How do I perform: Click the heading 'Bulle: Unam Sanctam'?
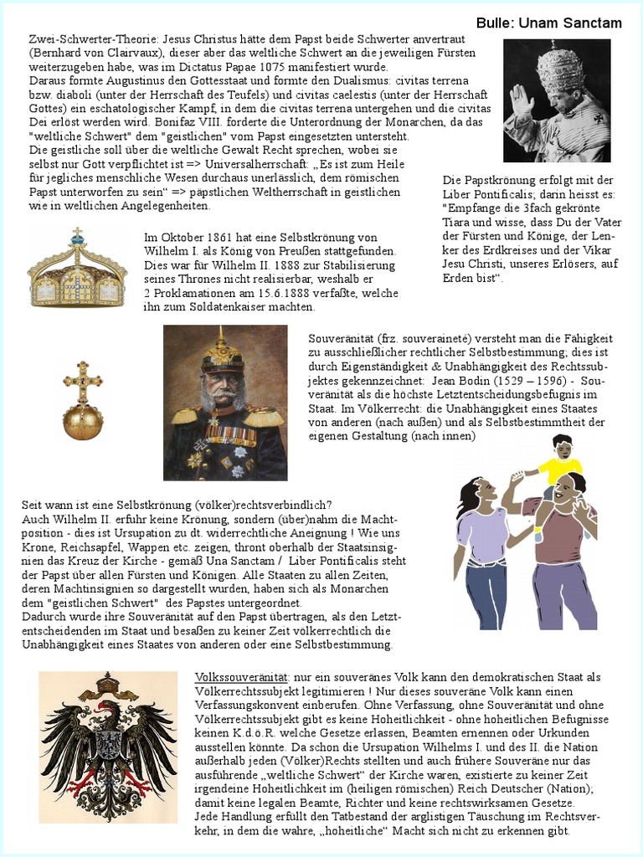coord(548,23)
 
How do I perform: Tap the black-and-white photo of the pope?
coord(557,100)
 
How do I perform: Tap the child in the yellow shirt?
coord(561,464)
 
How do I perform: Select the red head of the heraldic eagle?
coord(101,710)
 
